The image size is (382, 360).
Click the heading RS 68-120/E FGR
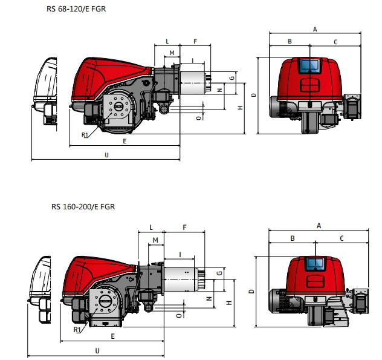76,10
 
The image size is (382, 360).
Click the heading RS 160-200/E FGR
83,206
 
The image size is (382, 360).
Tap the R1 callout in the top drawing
85,135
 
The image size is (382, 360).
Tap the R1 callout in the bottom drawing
77,330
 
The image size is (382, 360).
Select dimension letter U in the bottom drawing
97,350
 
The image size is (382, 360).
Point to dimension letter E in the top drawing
124,141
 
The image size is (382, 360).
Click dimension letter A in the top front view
314,29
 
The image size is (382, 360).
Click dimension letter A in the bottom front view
318,225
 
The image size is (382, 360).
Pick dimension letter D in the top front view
254,95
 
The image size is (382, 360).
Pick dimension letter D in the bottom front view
251,291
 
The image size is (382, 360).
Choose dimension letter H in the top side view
240,107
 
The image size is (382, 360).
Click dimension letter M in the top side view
172,53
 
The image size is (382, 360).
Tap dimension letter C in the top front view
335,42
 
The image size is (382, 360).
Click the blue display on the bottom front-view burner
314,263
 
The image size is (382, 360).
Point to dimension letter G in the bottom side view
219,273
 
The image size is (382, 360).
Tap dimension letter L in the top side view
167,41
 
